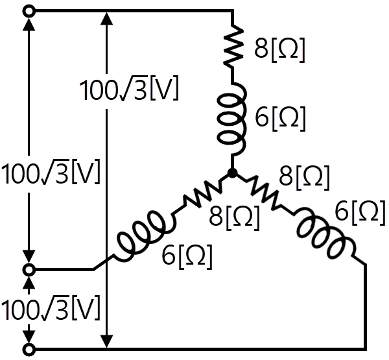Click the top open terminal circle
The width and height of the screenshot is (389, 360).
pyautogui.click(x=29, y=12)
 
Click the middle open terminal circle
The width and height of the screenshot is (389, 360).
pyautogui.click(x=29, y=270)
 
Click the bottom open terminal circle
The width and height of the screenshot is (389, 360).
pyautogui.click(x=29, y=350)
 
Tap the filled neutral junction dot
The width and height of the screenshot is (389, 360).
pyautogui.click(x=233, y=173)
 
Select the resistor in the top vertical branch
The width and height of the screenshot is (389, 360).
pyautogui.click(x=233, y=46)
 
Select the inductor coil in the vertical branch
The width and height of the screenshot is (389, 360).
pyautogui.click(x=233, y=119)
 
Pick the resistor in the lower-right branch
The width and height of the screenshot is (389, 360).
pyautogui.click(x=263, y=193)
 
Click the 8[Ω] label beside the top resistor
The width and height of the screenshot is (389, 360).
pyautogui.click(x=279, y=50)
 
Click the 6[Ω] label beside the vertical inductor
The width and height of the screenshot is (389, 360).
pyautogui.click(x=280, y=119)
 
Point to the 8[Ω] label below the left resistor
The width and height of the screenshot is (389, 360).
pyautogui.click(x=234, y=219)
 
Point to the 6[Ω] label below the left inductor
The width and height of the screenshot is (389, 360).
pyautogui.click(x=187, y=257)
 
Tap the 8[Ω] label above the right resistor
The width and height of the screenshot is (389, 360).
pyautogui.click(x=304, y=178)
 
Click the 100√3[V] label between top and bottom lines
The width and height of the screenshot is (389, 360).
pyautogui.click(x=129, y=90)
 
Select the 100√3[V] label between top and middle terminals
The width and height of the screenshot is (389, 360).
pyautogui.click(x=51, y=173)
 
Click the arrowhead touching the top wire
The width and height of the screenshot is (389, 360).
pyautogui.click(x=107, y=18)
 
